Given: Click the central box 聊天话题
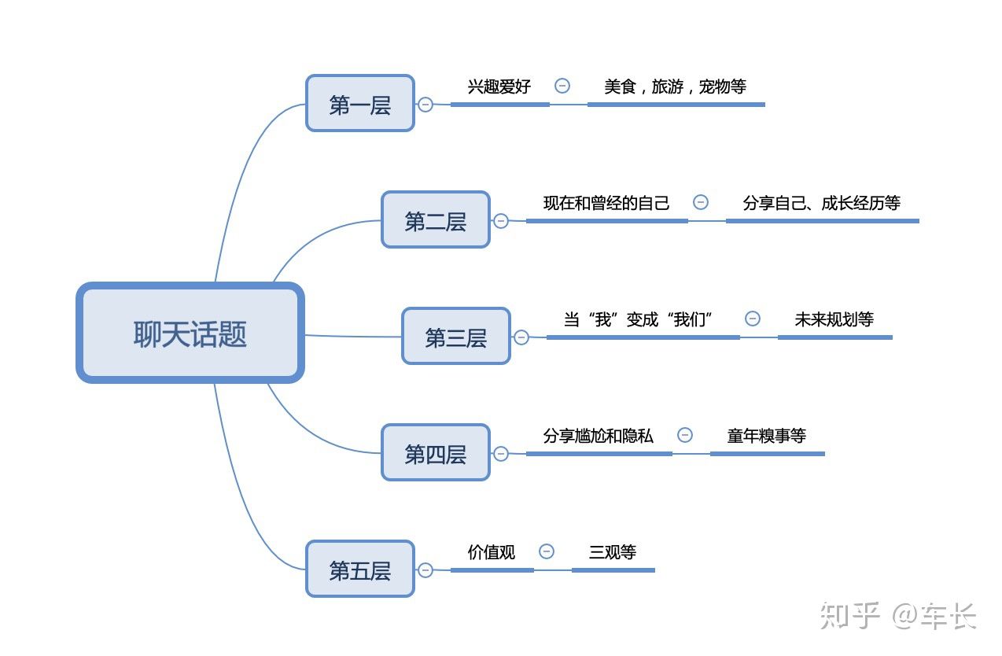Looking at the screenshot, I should (190, 334).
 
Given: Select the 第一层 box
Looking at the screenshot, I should (359, 104).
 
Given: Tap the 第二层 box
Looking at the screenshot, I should (435, 220).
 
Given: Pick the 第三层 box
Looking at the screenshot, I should (455, 337).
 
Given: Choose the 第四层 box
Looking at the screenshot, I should (435, 453).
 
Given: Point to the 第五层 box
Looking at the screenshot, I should (359, 569).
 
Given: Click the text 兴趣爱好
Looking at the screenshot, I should (499, 87).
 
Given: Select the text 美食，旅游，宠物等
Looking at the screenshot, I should (675, 87).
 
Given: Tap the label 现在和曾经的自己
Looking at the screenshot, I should (606, 203).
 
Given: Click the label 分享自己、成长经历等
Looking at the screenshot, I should (821, 203).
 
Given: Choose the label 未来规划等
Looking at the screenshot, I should (834, 319).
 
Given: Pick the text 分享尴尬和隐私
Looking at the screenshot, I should (598, 436).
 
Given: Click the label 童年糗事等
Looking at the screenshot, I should (766, 436).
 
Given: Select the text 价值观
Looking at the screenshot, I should (492, 552).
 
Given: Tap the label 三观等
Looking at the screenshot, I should (612, 552).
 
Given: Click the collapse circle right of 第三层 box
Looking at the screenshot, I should (521, 337).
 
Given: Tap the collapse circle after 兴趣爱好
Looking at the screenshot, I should (562, 86).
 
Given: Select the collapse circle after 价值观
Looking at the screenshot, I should (546, 551).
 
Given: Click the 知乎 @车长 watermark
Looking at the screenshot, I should (897, 616).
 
